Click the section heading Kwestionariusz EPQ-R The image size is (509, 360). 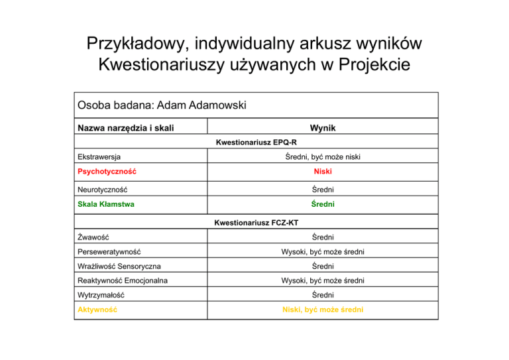[256, 143]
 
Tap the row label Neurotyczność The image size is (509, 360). [100, 188]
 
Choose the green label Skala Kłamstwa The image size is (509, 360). [105, 204]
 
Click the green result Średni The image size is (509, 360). [323, 204]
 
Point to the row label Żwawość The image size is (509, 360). [93, 237]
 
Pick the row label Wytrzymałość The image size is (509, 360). [100, 295]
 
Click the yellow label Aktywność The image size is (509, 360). [97, 310]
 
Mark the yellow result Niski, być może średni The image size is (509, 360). [323, 310]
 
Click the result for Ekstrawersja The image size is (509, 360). [323, 157]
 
